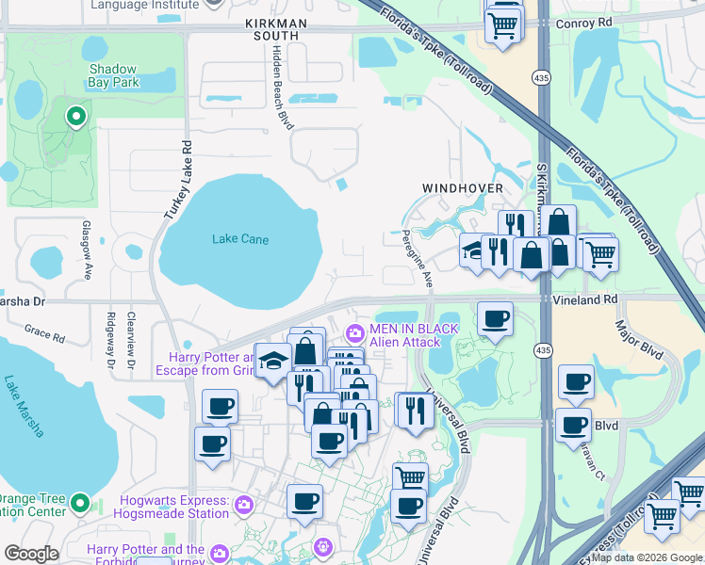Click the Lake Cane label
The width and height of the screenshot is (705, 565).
tap(240, 239)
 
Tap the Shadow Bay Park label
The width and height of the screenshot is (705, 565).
tap(113, 76)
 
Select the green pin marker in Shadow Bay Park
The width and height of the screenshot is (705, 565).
tap(75, 117)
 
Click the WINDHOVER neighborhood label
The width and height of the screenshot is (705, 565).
tap(463, 188)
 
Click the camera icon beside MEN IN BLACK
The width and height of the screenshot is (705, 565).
tap(355, 332)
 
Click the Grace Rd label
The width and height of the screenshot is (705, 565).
tap(44, 334)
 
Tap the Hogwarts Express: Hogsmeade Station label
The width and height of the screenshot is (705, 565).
tap(172, 507)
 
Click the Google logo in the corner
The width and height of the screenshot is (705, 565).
tap(31, 554)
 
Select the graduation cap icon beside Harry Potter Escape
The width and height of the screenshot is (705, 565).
tap(273, 361)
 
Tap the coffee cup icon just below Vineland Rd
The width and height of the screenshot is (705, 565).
tap(495, 319)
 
